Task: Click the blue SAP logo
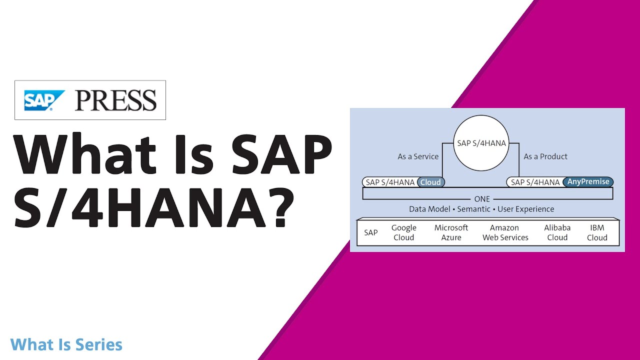click(44, 100)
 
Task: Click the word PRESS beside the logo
click(115, 100)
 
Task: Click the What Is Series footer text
click(66, 344)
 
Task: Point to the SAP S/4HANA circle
click(481, 143)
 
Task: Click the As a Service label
click(418, 156)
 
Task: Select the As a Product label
click(545, 156)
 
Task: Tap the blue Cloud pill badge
click(430, 182)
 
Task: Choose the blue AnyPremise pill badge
click(588, 182)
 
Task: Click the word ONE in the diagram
click(482, 199)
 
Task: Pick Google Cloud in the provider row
click(403, 232)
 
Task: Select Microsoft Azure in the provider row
click(451, 232)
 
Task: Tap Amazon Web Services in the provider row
click(505, 232)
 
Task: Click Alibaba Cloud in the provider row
click(557, 232)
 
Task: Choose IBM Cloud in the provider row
click(597, 232)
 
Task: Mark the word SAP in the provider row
click(371, 232)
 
